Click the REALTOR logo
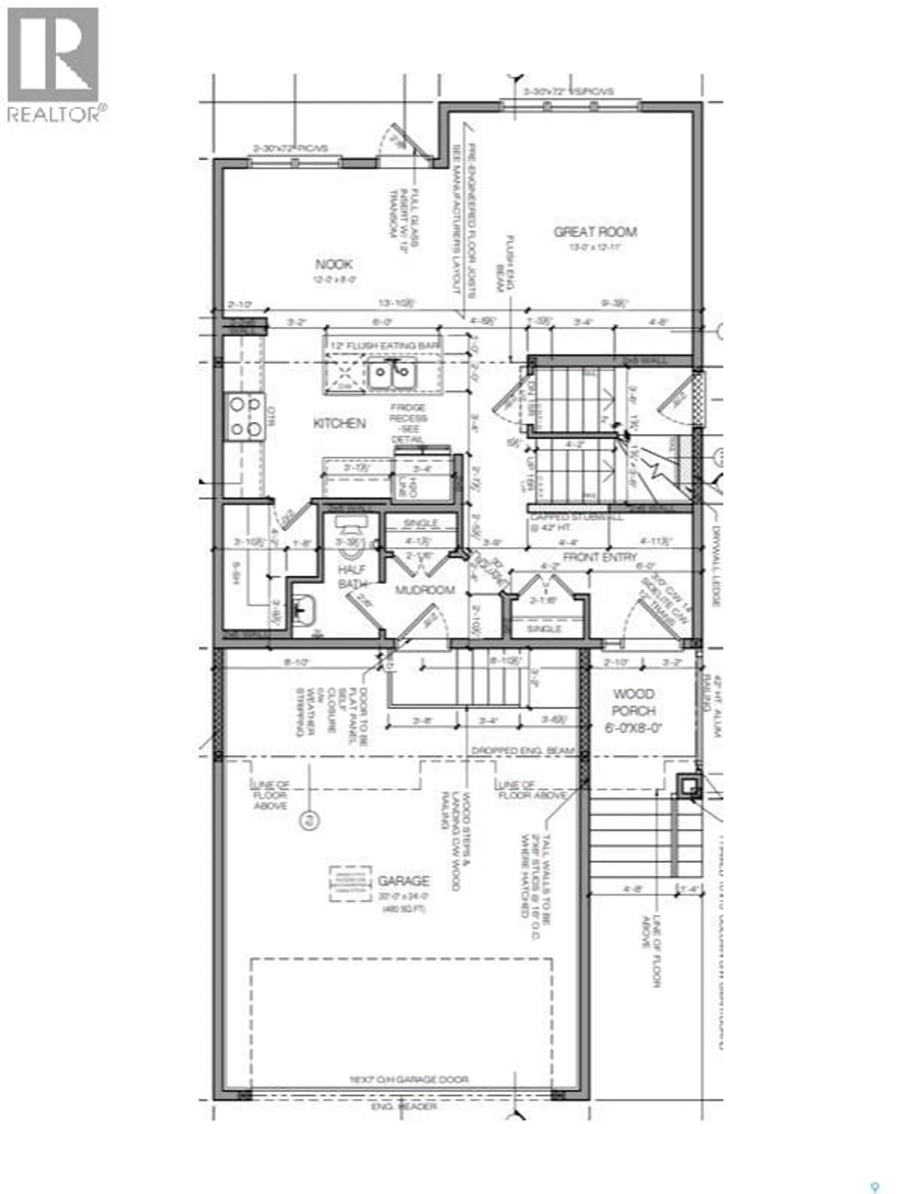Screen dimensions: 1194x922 [x=54, y=64]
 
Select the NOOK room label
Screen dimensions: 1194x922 [x=334, y=265]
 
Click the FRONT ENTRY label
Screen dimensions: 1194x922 [x=600, y=557]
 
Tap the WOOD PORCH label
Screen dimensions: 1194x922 [x=633, y=703]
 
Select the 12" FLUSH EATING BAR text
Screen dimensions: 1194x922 [x=385, y=346]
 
